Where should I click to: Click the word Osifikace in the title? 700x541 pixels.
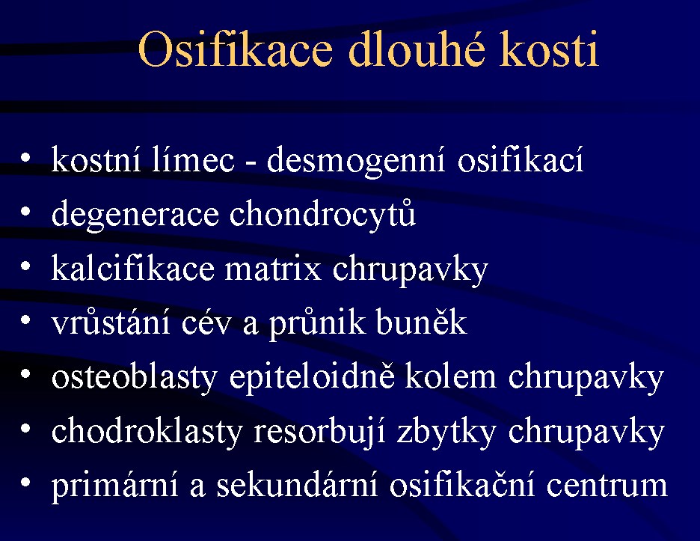[x=236, y=49]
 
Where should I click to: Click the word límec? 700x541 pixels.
[x=193, y=159]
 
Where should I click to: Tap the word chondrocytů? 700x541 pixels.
[x=322, y=216]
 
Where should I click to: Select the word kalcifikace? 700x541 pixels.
[x=133, y=268]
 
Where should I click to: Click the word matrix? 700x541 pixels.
[x=273, y=269]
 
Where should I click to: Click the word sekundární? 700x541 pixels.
[x=298, y=484]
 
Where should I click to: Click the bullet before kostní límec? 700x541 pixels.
[x=25, y=158]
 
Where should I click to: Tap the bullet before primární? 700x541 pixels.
[x=25, y=483]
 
